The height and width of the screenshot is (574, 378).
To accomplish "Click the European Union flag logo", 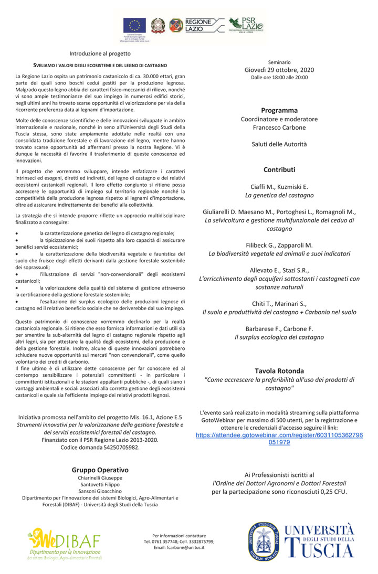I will click(135, 25).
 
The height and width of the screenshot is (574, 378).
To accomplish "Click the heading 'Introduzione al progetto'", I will click(100, 54).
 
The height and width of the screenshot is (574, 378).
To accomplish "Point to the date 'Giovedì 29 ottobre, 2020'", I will click(279, 70).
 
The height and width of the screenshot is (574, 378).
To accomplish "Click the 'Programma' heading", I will click(279, 110).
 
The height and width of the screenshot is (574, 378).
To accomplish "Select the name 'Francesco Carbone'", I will click(279, 127).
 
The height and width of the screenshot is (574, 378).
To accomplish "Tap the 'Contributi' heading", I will click(279, 170).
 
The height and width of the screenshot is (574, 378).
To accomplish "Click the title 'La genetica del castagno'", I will click(279, 195).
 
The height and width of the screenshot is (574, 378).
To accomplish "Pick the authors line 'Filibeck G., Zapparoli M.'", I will click(279, 245).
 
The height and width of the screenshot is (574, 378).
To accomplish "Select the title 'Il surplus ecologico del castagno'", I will click(279, 337).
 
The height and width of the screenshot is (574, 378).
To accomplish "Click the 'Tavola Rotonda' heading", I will click(279, 370).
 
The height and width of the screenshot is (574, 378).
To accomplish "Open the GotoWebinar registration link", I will click(279, 439).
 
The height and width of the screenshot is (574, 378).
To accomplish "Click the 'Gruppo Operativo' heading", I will click(100, 470).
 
